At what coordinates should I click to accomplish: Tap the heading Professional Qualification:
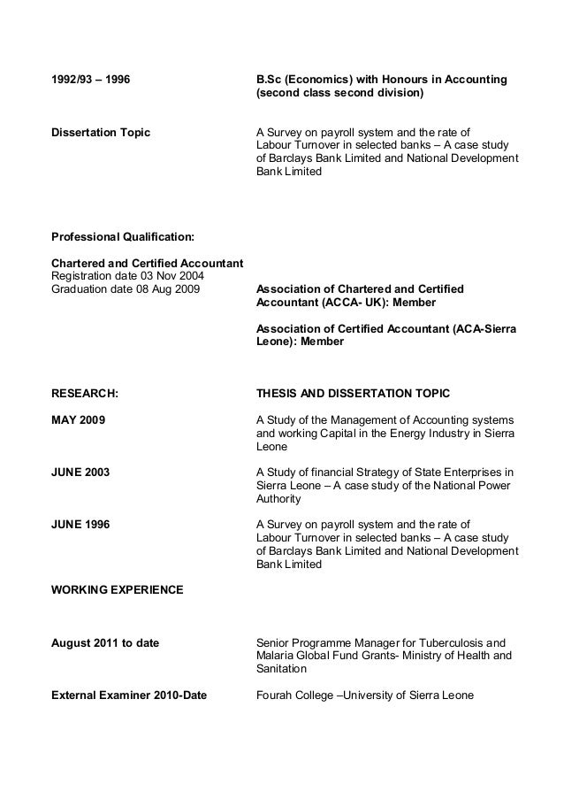[123, 238]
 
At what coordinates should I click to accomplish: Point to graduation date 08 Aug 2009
[126, 289]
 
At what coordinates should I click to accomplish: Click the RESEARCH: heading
[85, 392]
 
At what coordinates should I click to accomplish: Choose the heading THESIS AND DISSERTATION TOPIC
[353, 392]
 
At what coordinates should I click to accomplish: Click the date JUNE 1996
[80, 524]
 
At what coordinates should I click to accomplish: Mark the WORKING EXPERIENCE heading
[118, 588]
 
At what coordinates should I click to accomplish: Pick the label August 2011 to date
[105, 642]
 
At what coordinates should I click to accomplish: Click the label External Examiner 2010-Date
[129, 695]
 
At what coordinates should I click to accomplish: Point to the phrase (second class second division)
[339, 93]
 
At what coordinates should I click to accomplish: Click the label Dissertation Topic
[101, 134]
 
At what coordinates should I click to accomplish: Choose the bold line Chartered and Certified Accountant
[148, 264]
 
